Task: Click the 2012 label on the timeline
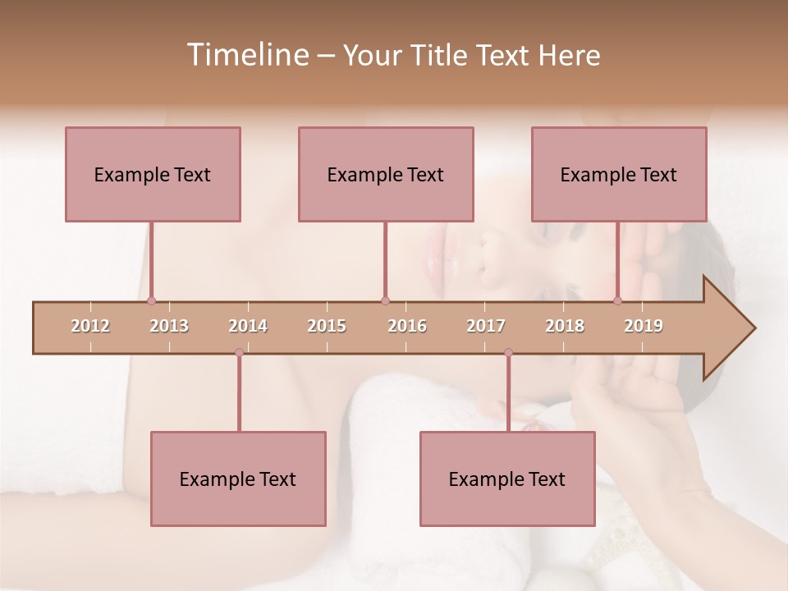(90, 326)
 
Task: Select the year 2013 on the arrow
(169, 326)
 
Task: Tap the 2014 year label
(248, 326)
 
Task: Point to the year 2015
(327, 326)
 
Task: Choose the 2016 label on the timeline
(407, 326)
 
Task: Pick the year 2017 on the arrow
(486, 326)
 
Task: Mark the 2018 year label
(565, 326)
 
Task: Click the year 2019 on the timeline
(644, 326)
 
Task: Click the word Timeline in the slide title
(245, 55)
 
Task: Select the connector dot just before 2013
(151, 301)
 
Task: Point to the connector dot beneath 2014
(239, 352)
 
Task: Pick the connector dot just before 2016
(385, 301)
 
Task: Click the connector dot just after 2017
(508, 352)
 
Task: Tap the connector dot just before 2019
(617, 301)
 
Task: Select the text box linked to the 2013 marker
(153, 174)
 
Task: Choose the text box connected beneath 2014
(238, 479)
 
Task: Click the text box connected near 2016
(386, 174)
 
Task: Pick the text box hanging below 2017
(507, 479)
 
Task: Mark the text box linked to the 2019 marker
(619, 174)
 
